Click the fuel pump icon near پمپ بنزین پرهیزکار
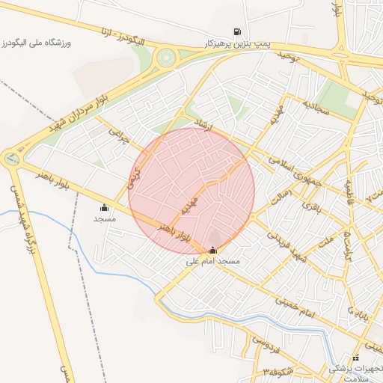(238, 32)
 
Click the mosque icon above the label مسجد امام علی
(213, 251)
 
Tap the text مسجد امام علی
(213, 263)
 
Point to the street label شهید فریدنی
(289, 248)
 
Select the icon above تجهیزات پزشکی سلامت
(355, 358)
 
